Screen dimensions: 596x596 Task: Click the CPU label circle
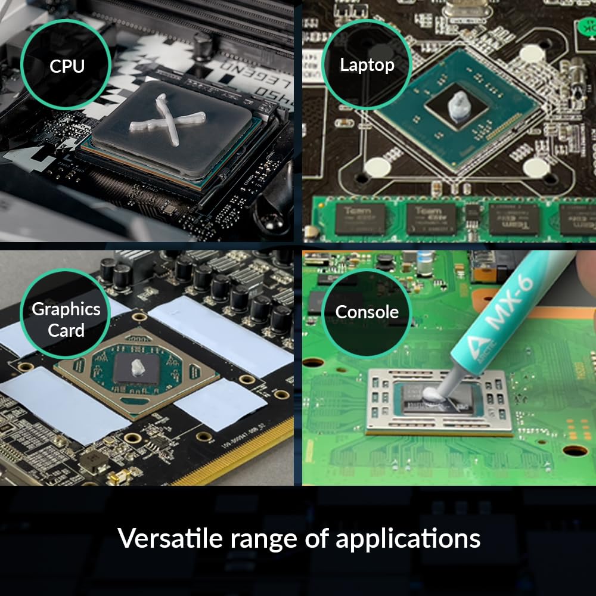(x=66, y=66)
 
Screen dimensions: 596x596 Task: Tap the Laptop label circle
(x=367, y=64)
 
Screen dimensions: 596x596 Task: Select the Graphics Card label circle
(x=66, y=319)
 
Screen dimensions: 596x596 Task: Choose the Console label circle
(x=367, y=312)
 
